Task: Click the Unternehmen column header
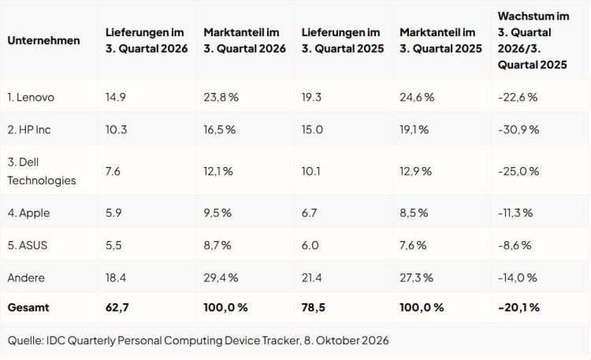[43, 40]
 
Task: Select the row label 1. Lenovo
[31, 97]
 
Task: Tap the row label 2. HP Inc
[29, 130]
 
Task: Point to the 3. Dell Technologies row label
[42, 171]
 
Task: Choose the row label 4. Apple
[28, 213]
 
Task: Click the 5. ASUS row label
[28, 246]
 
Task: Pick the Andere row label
[26, 278]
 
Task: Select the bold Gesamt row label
[28, 307]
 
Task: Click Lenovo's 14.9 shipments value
[116, 97]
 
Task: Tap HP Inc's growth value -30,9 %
[519, 130]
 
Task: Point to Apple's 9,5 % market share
[217, 213]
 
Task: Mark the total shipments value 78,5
[313, 307]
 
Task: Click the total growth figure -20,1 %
[519, 307]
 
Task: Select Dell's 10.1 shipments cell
[311, 171]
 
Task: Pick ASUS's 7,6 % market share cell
[413, 246]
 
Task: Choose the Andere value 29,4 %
[221, 278]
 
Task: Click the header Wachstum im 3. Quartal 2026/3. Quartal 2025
[533, 40]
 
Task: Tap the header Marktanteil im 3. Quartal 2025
[441, 40]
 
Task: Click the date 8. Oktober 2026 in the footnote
[347, 340]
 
